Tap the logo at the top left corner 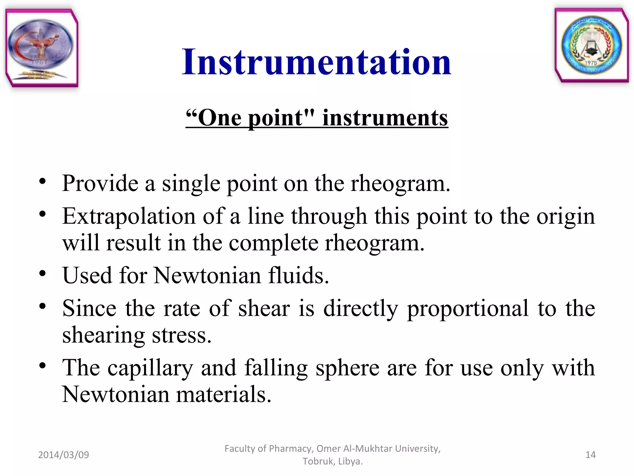point(41,48)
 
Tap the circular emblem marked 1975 point(591,46)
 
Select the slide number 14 point(590,455)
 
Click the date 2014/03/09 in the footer point(63,455)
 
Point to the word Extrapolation point(128,216)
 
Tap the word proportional point(467,309)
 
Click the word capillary point(150,368)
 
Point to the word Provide point(100,183)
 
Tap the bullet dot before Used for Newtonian point(42,274)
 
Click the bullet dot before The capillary point(42,366)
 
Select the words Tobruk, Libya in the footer point(332,461)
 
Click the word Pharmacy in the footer point(291,448)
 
